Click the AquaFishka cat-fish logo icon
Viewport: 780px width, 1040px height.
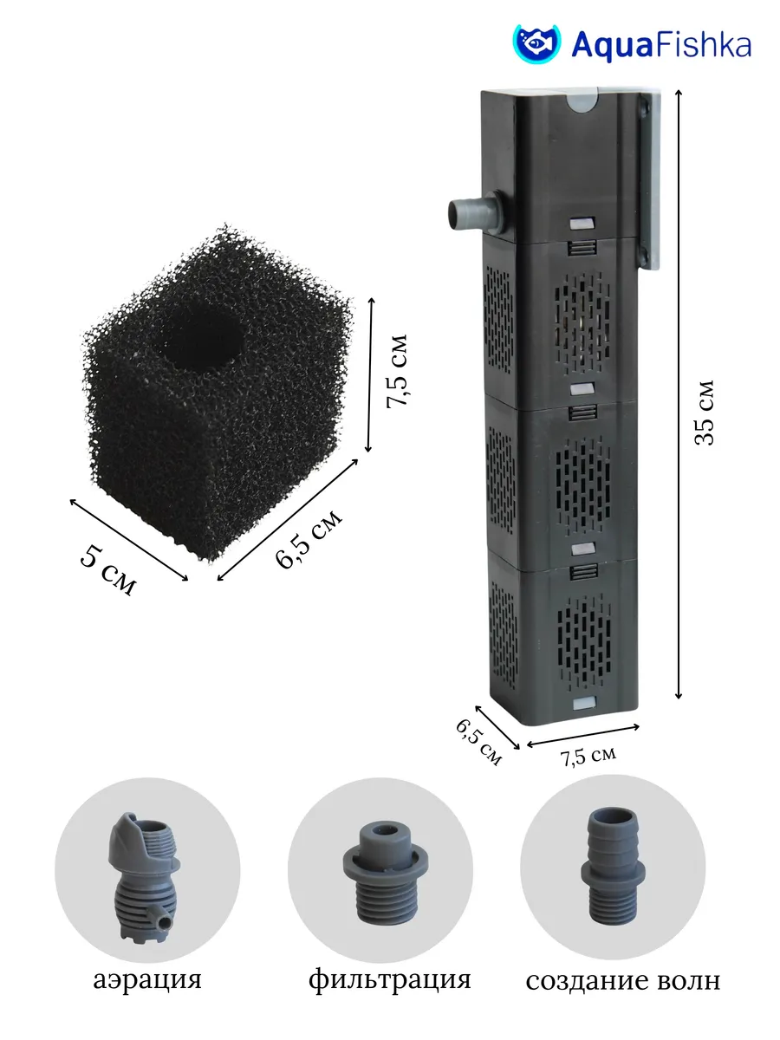tap(536, 43)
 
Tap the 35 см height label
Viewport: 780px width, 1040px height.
tap(705, 413)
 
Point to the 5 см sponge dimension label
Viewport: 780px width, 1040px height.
tap(108, 569)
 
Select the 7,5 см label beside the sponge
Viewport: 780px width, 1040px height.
tap(396, 371)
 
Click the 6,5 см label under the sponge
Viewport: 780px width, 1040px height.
tap(309, 539)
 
